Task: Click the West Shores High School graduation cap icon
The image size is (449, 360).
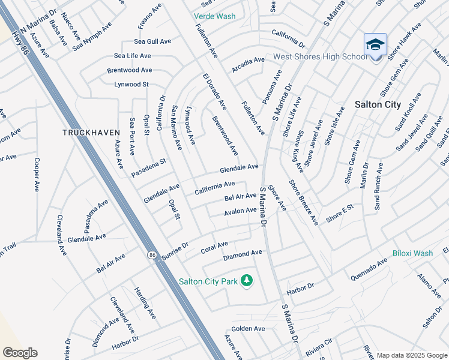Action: (x=375, y=45)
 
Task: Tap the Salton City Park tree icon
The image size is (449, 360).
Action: (x=246, y=280)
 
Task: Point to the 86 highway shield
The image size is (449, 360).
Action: (x=152, y=255)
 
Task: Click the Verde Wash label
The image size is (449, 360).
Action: (x=215, y=16)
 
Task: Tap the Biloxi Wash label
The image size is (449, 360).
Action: (x=413, y=253)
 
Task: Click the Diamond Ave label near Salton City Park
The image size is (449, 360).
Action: (x=243, y=254)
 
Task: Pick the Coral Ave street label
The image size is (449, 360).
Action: (x=214, y=246)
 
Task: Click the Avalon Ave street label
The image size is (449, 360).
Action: (x=240, y=211)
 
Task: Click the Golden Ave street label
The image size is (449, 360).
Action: (x=248, y=329)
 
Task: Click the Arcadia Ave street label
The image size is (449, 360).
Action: (x=248, y=61)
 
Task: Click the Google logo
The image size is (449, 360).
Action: (x=20, y=353)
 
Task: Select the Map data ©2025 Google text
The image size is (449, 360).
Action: (x=412, y=355)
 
